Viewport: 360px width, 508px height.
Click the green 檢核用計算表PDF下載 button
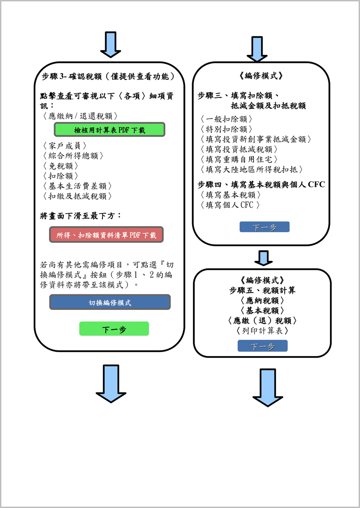tap(110, 130)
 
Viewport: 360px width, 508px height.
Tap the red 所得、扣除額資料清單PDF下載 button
tap(106, 235)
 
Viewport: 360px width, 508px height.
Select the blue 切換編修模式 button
tap(110, 302)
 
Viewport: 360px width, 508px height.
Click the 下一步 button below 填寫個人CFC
tap(264, 227)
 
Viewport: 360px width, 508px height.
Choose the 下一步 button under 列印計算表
tap(262, 346)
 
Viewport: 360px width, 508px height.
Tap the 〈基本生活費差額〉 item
tap(78, 186)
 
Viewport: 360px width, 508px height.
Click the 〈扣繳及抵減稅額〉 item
tap(78, 196)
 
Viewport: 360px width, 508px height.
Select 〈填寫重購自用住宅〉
tap(241, 159)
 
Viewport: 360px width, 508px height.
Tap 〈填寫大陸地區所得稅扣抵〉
tap(253, 169)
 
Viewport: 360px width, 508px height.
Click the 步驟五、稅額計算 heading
tap(262, 290)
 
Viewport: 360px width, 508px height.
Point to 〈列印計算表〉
tap(262, 331)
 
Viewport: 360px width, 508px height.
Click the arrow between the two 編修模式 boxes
tap(263, 258)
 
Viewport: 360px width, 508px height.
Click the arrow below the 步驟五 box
tap(268, 387)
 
